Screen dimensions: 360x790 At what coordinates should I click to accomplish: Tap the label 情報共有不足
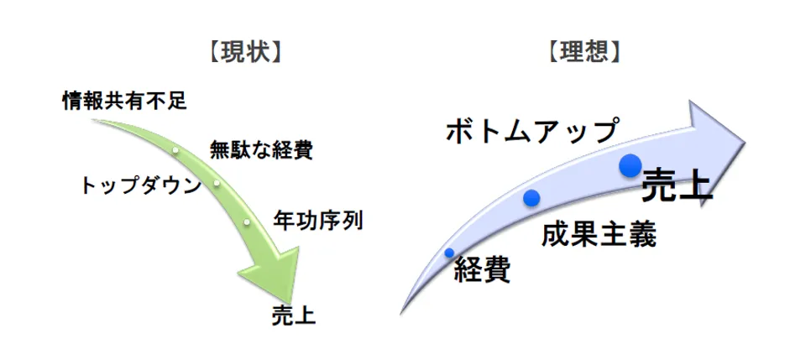coord(123,102)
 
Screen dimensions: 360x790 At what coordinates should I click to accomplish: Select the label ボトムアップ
coord(532,131)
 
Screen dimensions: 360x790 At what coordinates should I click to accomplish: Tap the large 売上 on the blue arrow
coord(677,185)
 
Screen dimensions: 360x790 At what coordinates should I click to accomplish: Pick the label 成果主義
coord(599,233)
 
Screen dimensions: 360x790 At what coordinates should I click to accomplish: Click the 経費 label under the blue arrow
coord(482,270)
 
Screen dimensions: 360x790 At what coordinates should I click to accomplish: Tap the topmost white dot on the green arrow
coord(175,150)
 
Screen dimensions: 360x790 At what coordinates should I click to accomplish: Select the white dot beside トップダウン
coord(217,183)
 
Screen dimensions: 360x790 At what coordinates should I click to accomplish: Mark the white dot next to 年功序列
coord(247,222)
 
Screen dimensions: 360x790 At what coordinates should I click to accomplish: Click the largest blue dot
coord(630,165)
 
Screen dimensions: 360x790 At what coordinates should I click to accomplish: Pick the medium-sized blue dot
coord(531,198)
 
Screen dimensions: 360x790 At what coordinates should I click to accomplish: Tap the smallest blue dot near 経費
coord(449,252)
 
